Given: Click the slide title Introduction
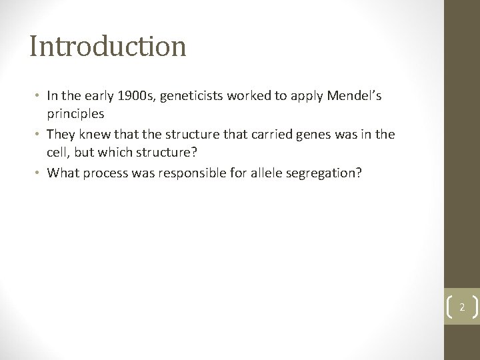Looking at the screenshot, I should [x=107, y=46].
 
